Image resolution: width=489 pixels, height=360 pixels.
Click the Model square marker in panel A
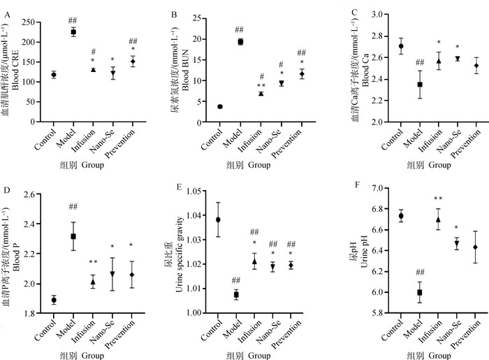tap(73, 32)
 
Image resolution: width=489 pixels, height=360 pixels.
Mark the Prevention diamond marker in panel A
tap(112, 62)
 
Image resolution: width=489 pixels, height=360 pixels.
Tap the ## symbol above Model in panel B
tap(239, 29)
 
